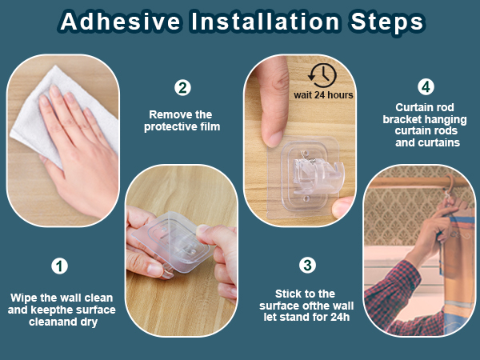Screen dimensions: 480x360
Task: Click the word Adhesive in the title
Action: point(120,22)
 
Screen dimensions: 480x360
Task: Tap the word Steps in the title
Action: point(387,22)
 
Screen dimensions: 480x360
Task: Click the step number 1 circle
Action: point(59,266)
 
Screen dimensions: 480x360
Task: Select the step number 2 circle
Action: point(182,88)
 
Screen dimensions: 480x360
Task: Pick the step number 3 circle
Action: point(307,265)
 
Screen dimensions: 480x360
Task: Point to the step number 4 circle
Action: point(426,87)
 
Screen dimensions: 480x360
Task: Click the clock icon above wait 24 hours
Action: point(322,75)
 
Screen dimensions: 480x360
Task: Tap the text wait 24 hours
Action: point(323,95)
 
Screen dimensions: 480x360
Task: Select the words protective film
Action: point(182,126)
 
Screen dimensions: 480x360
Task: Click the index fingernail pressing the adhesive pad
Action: point(274,138)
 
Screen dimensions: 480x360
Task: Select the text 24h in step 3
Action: point(340,317)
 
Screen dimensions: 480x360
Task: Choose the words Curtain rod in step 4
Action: point(425,107)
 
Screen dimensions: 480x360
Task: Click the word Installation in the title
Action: point(265,22)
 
